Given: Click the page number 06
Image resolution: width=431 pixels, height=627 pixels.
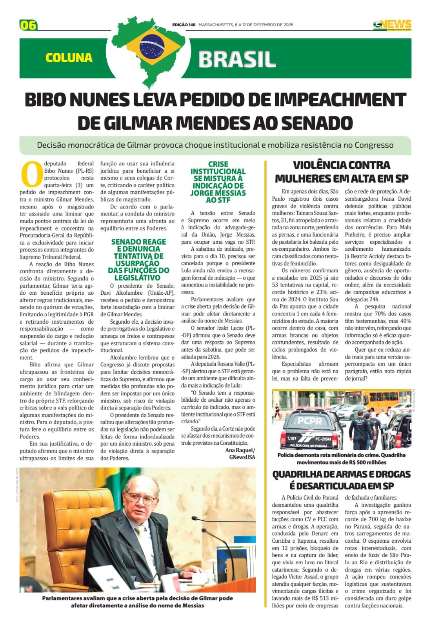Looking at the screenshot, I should click(28, 25).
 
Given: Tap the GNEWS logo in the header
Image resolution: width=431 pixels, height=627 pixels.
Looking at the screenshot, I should click(392, 25).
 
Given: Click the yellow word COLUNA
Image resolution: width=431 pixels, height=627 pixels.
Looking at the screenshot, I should click(69, 58).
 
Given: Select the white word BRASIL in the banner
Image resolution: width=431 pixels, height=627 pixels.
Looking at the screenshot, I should click(237, 60).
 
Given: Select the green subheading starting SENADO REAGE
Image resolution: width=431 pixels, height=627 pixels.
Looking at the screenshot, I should click(138, 259).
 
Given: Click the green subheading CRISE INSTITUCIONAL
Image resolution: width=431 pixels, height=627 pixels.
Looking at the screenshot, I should click(218, 182).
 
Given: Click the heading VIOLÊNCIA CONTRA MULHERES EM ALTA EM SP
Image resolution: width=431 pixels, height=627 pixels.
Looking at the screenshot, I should click(342, 172).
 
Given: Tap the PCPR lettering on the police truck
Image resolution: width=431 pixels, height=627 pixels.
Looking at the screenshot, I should click(310, 421).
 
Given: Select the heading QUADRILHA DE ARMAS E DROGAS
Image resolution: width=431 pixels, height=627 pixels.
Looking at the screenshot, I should click(342, 480).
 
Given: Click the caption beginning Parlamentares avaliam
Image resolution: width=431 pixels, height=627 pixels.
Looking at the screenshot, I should click(138, 602).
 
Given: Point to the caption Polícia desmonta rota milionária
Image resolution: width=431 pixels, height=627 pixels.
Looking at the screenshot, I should click(342, 458).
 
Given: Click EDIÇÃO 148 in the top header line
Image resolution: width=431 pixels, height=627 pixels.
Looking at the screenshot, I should click(184, 25).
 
